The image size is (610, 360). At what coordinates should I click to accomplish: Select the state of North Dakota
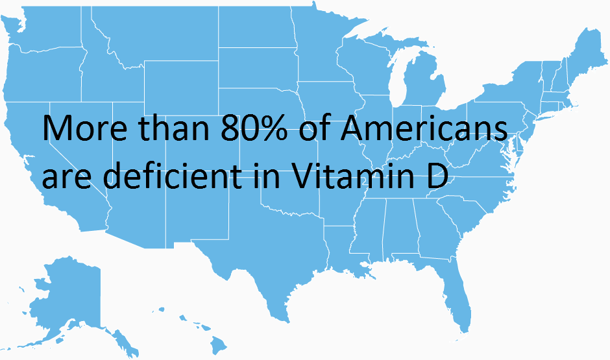[257, 29]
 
